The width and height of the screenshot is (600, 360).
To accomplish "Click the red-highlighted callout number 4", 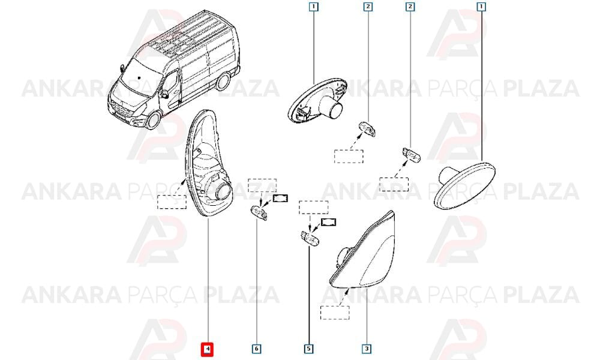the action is (x=207, y=349).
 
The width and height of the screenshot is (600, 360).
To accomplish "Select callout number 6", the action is (x=256, y=349).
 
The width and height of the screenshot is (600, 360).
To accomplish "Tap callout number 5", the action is (x=308, y=349).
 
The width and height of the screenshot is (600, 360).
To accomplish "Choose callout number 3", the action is (x=367, y=349).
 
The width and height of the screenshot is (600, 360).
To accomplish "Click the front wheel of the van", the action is (x=153, y=120).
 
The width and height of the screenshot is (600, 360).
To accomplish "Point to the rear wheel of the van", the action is (x=223, y=81).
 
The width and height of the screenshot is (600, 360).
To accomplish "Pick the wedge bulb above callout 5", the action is (x=310, y=239).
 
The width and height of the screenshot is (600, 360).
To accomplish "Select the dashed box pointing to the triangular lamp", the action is (x=335, y=313).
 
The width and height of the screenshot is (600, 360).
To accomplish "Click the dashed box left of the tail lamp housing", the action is (x=172, y=202).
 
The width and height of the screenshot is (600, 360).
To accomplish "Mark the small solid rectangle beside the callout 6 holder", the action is (x=280, y=199).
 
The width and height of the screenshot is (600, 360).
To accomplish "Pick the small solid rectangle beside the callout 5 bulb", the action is (x=328, y=222).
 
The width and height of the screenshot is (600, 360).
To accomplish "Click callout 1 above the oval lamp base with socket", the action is (x=313, y=7).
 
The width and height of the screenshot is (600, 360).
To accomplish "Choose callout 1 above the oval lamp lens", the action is (x=481, y=7).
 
